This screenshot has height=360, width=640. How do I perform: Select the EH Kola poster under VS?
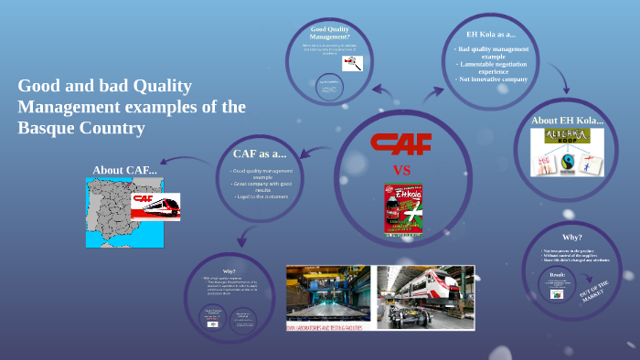point(402,208)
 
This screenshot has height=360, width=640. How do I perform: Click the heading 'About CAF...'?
point(124,169)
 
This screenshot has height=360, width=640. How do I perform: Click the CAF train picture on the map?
point(155,206)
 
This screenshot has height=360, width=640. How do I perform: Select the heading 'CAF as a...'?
point(260,153)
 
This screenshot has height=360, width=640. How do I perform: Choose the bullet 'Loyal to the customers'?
point(261,196)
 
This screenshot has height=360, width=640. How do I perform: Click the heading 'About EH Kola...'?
point(568,120)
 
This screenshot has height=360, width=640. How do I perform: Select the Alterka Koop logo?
point(568,137)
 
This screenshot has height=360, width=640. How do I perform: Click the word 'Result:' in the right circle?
point(558,273)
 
